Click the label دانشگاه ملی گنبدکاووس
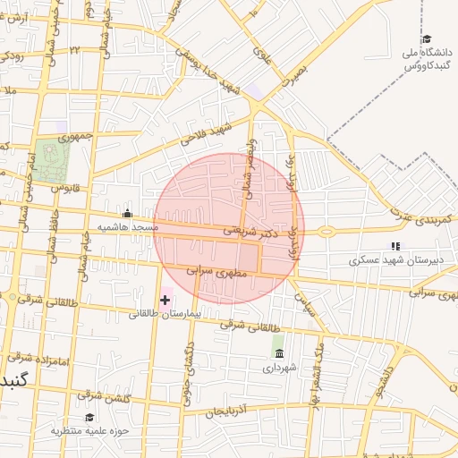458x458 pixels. pos(425,61)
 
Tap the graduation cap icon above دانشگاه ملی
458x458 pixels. pos(427,39)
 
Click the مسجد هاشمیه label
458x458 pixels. pos(127,227)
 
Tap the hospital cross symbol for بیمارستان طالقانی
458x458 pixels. pos(165,299)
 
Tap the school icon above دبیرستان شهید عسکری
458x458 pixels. pos(394,246)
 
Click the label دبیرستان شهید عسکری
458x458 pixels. pos(392,261)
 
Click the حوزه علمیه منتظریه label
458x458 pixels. pos(89,430)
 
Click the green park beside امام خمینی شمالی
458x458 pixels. pos(53,159)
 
